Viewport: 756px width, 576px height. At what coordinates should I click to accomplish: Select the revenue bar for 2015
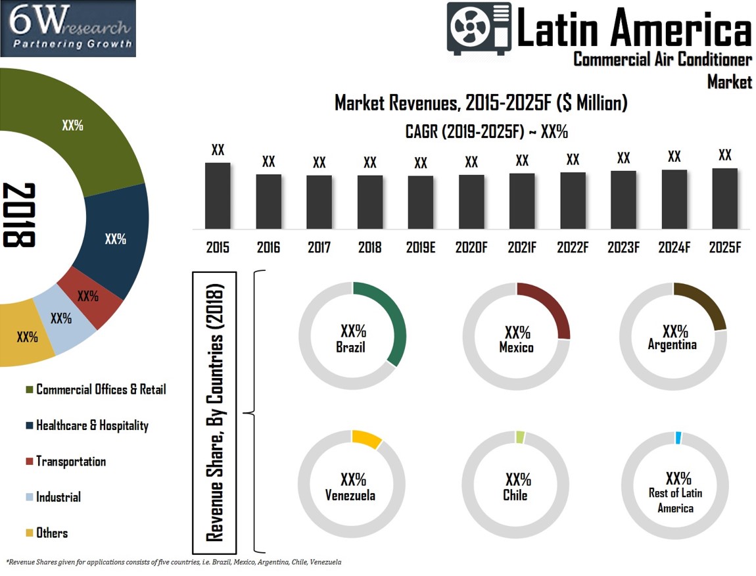(218, 195)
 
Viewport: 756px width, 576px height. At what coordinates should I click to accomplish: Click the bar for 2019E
(421, 202)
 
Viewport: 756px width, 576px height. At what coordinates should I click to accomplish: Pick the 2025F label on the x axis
(725, 248)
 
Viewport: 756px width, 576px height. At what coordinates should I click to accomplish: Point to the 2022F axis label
(573, 248)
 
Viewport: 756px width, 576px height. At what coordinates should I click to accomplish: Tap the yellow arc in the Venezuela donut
(367, 439)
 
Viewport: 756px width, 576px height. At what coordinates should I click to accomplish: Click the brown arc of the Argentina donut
(707, 302)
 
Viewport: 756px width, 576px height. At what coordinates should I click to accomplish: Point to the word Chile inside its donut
(516, 495)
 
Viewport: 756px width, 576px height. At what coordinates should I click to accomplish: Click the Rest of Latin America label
(676, 500)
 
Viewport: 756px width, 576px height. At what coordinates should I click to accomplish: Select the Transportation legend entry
(70, 462)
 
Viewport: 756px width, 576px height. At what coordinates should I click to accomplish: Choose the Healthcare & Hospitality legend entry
(91, 425)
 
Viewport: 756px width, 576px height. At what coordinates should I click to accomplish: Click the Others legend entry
(51, 533)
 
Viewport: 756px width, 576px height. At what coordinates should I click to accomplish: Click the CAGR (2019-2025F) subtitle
(486, 132)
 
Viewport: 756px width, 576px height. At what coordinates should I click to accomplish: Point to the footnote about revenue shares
(174, 562)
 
